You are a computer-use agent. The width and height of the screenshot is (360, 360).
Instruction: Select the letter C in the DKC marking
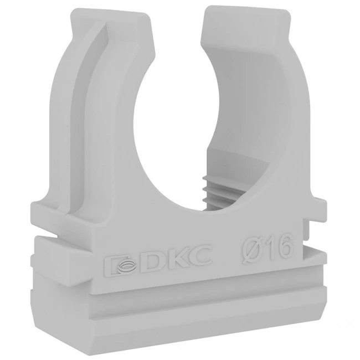pyautogui.click(x=199, y=254)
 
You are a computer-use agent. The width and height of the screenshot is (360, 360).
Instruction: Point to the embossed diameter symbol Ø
pyautogui.click(x=253, y=248)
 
